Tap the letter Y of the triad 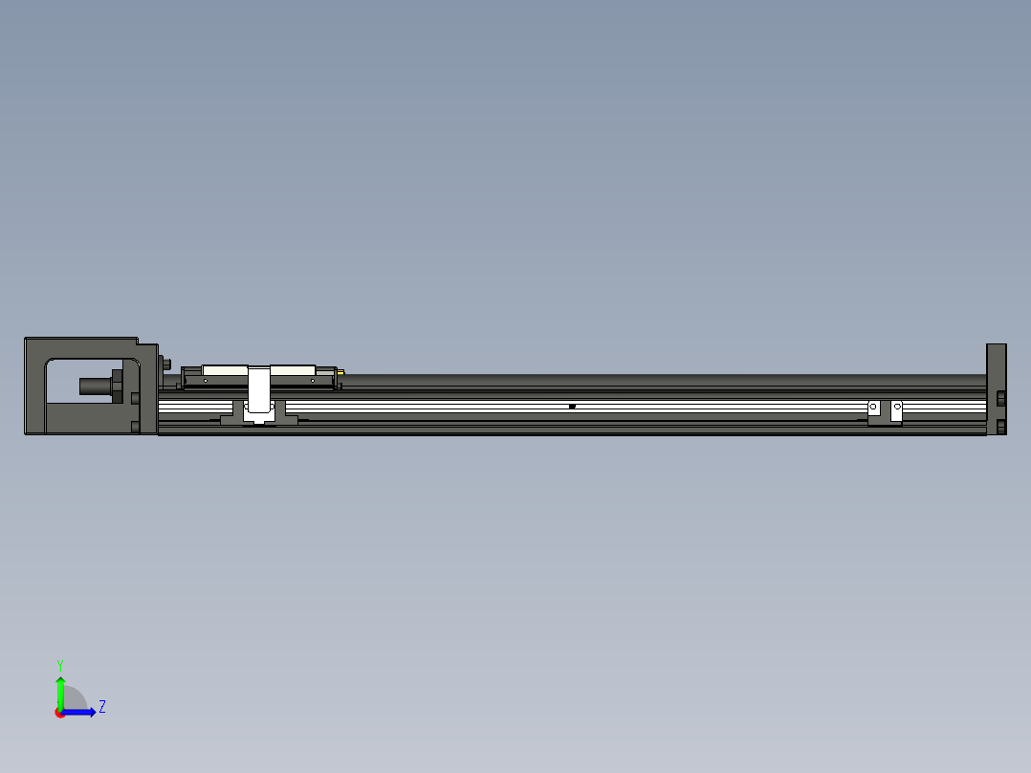(x=59, y=664)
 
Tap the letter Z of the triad (x=101, y=707)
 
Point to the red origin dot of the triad (x=60, y=713)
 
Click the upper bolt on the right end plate (x=1001, y=398)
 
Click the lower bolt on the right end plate (x=1001, y=427)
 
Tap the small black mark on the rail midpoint (x=572, y=407)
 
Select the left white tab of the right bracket (x=873, y=409)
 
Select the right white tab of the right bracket (x=897, y=409)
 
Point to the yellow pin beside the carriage (x=341, y=372)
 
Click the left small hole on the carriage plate (x=205, y=380)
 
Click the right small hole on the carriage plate (x=313, y=380)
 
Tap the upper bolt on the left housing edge (x=135, y=397)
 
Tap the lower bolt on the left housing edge (x=135, y=427)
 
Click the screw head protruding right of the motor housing (x=167, y=364)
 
